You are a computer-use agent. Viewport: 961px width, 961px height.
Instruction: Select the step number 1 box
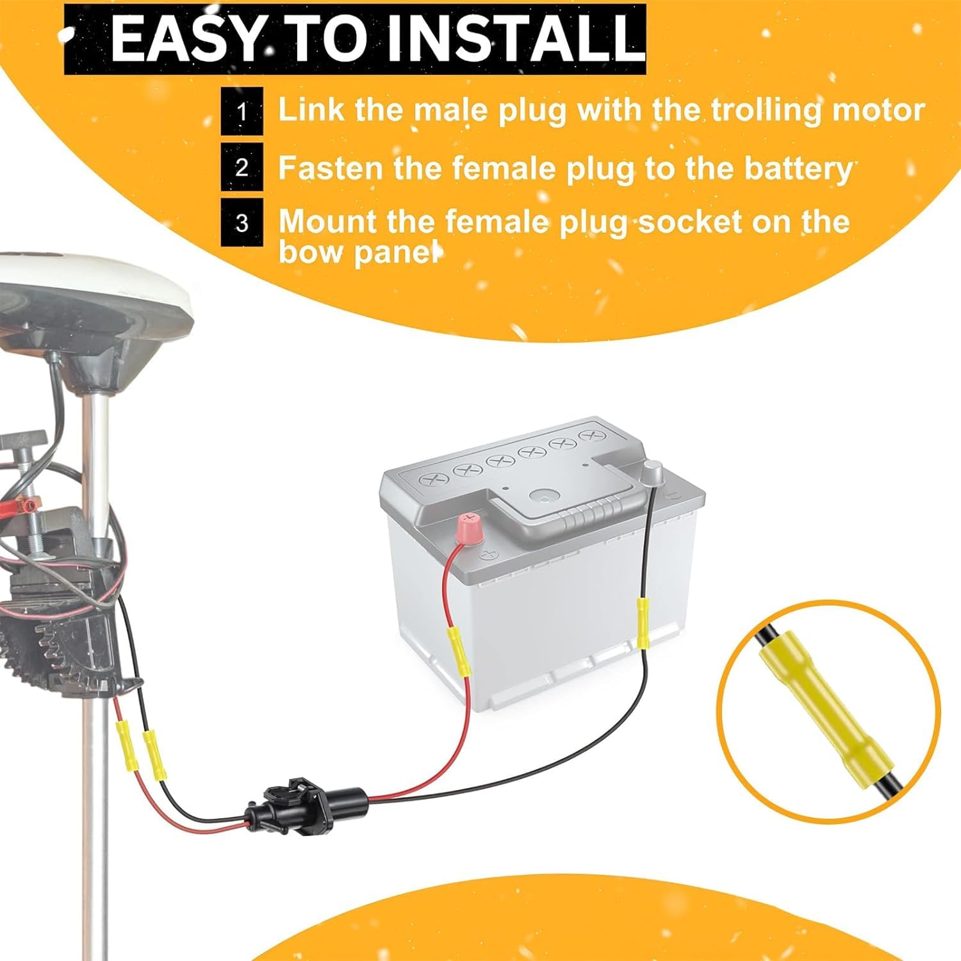[242, 111]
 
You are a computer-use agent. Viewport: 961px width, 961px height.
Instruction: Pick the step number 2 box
[242, 167]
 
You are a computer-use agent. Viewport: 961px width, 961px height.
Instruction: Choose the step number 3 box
[242, 222]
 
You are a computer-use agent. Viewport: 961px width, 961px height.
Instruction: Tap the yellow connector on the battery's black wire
[643, 622]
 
